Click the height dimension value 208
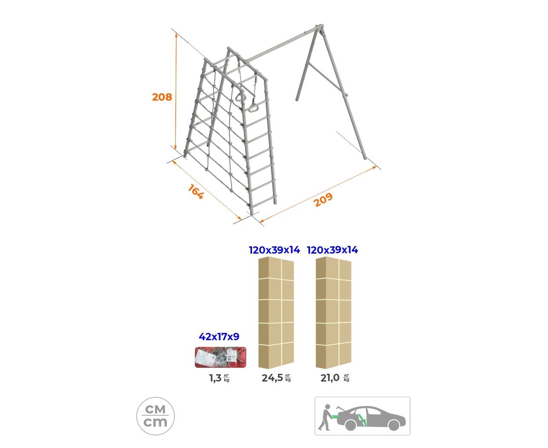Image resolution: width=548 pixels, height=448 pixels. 162,97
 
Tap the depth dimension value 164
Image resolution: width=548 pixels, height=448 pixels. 196,191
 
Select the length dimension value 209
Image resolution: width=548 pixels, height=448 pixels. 323,199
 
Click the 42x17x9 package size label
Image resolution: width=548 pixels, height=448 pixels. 219,337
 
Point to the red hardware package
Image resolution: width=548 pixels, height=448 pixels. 220,357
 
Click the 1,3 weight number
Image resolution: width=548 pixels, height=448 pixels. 215,378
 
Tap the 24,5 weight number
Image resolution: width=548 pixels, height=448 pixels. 272,378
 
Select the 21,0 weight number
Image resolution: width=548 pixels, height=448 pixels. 330,378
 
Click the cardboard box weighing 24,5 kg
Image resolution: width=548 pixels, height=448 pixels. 276,312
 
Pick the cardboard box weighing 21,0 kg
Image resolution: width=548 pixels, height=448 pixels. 333,312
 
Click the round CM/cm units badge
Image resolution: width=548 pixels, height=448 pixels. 155,416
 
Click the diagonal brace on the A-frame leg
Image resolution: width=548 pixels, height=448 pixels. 327,79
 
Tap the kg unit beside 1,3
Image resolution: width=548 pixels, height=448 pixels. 226,379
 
